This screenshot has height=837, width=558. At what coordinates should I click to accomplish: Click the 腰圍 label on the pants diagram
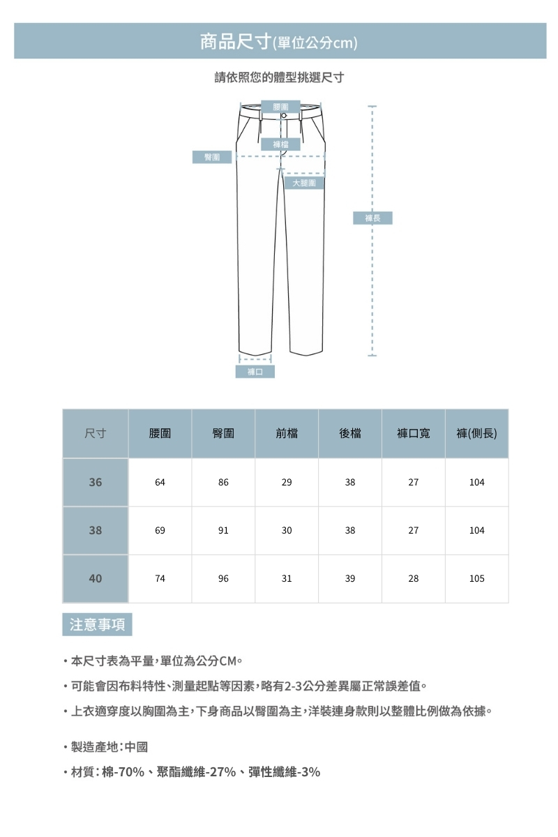pos(282,106)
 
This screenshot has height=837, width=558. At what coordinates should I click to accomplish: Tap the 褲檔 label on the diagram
pos(282,144)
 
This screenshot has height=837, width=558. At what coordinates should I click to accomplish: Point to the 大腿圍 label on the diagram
pos(304,183)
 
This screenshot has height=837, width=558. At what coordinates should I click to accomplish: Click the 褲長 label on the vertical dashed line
pos(373,218)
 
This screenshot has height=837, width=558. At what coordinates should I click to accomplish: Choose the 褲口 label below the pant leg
pos(255,372)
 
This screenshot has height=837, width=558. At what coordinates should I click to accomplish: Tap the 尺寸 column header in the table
pos(96,434)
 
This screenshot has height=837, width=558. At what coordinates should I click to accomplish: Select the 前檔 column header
pos(287,434)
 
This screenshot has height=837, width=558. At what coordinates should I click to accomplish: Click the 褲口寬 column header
pos(414,434)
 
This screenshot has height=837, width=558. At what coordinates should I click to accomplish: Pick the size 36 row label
pos(96,482)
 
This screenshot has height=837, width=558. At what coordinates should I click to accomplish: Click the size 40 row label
pos(96,578)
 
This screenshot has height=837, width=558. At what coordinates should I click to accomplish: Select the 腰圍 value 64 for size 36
pos(160,482)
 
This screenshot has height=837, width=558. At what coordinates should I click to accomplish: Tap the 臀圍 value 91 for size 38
pos(223,530)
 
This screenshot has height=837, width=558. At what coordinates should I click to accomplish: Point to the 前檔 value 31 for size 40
pos(287,578)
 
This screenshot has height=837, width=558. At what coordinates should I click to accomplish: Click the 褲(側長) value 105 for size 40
pos(477,578)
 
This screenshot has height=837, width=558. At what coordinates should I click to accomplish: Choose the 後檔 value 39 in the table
pos(350,578)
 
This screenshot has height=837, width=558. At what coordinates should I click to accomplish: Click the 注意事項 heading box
pos(97,624)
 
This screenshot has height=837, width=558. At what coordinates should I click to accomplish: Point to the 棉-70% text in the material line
pos(123,771)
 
